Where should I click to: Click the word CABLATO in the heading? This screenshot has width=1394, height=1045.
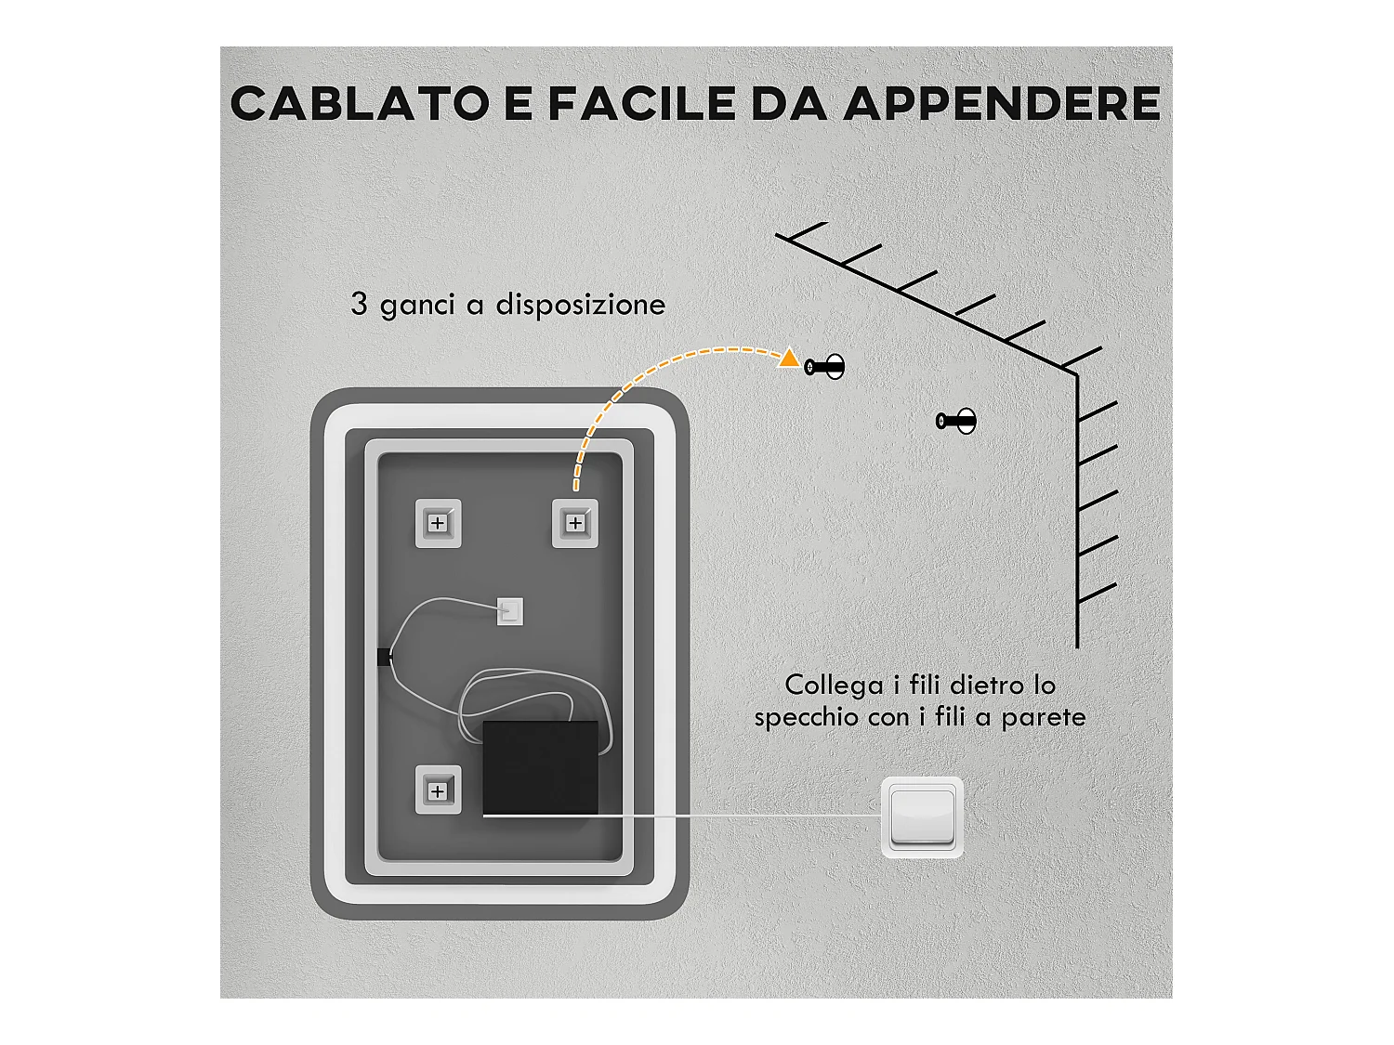[x=360, y=103]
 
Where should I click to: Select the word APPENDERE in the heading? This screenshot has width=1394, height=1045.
[x=1002, y=103]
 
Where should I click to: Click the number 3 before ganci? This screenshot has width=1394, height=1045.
[x=359, y=304]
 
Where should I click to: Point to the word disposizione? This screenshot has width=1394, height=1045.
[x=580, y=305]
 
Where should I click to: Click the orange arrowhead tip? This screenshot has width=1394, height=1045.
[x=789, y=358]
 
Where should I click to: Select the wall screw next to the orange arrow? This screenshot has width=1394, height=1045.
[x=825, y=367]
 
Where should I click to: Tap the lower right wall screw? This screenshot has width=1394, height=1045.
[x=956, y=421]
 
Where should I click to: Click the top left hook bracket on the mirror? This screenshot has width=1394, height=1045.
[x=438, y=523]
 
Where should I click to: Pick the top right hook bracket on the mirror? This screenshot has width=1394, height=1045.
[x=575, y=523]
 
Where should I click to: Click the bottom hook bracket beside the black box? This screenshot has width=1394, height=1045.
[x=438, y=790]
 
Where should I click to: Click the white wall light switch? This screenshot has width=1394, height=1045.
[x=922, y=816]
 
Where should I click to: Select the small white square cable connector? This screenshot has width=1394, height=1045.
[x=509, y=611]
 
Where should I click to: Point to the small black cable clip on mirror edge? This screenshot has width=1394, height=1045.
[x=384, y=658]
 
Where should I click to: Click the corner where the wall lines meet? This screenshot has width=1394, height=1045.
[x=1076, y=374]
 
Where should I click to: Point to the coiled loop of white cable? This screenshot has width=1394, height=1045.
[x=520, y=697]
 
